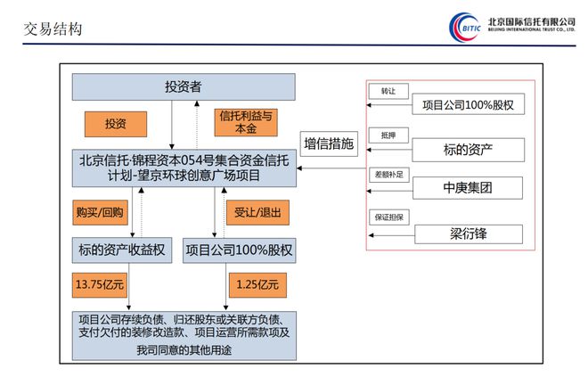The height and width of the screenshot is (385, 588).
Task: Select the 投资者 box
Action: coord(184,86)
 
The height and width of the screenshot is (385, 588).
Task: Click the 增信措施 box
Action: coord(329,143)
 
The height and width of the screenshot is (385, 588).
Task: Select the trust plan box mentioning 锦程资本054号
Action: coord(184,168)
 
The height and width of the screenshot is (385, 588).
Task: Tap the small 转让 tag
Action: coord(388,91)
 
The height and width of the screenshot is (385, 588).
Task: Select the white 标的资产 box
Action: coord(469,148)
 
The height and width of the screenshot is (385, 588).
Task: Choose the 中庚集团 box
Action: coord(469,189)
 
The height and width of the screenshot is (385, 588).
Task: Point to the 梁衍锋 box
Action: coord(469,233)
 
